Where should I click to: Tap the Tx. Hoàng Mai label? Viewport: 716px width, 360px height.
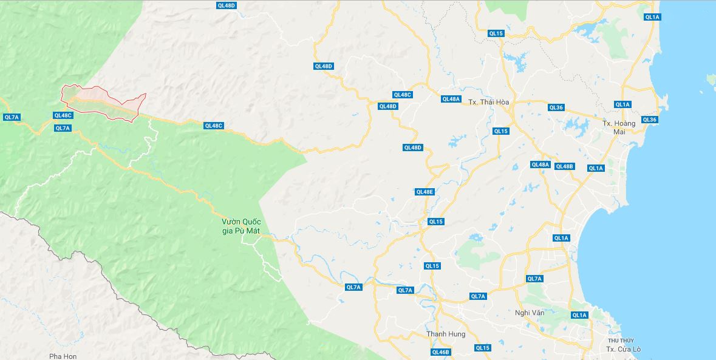tap(619, 127)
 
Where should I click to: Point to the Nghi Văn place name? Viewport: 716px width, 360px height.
tap(530, 313)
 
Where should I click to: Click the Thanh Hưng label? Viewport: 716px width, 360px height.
tap(446, 335)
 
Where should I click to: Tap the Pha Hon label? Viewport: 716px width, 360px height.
tap(63, 356)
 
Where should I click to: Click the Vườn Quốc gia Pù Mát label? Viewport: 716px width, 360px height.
tap(241, 226)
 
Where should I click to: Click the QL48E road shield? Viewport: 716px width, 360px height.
tap(424, 192)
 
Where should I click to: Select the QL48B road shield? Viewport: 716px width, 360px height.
tap(564, 166)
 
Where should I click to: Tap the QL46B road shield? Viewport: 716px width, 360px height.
tap(440, 352)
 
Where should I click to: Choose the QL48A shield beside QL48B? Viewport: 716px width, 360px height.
tap(540, 165)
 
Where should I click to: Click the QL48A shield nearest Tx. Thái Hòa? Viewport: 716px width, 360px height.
tap(451, 99)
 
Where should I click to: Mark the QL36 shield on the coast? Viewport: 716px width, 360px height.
tap(649, 120)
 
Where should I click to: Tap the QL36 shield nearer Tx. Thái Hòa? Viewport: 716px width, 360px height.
tap(556, 107)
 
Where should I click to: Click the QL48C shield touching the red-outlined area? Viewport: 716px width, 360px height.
tap(63, 115)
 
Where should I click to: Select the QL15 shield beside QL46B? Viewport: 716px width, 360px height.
tap(482, 348)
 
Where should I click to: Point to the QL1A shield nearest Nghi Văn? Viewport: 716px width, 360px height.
tap(579, 315)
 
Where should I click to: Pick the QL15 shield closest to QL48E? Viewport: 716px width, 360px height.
tap(435, 222)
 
